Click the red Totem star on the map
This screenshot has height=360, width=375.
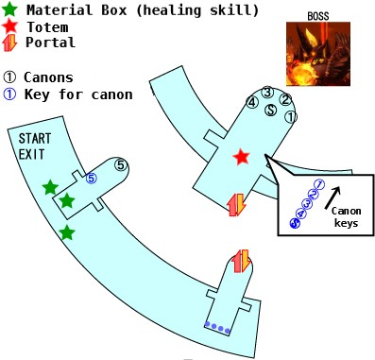pos(242,157)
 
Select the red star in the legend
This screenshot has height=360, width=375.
pos(9,26)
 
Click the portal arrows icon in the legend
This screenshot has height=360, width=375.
pos(9,43)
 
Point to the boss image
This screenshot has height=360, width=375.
pos(318,54)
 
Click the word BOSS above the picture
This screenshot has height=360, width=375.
pos(318,16)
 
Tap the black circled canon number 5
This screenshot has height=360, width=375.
pos(121,165)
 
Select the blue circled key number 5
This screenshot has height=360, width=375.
pos(91,179)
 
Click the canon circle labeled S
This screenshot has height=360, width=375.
pos(270,110)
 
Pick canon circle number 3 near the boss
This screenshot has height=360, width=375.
pos(267,93)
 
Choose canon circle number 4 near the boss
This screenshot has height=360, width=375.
pos(252,102)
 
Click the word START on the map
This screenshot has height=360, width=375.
pos(35,139)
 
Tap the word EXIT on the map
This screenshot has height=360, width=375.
pos(31,154)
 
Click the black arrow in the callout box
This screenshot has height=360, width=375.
pos(332,197)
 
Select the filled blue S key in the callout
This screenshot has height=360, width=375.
pos(295,223)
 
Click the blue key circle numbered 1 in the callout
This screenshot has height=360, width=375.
pos(319,184)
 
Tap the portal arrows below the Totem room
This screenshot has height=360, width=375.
pos(236,205)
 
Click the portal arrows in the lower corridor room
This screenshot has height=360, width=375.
pos(241,261)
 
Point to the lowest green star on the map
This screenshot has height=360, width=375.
pos(67,233)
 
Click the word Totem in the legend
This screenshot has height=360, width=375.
pos(47,27)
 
